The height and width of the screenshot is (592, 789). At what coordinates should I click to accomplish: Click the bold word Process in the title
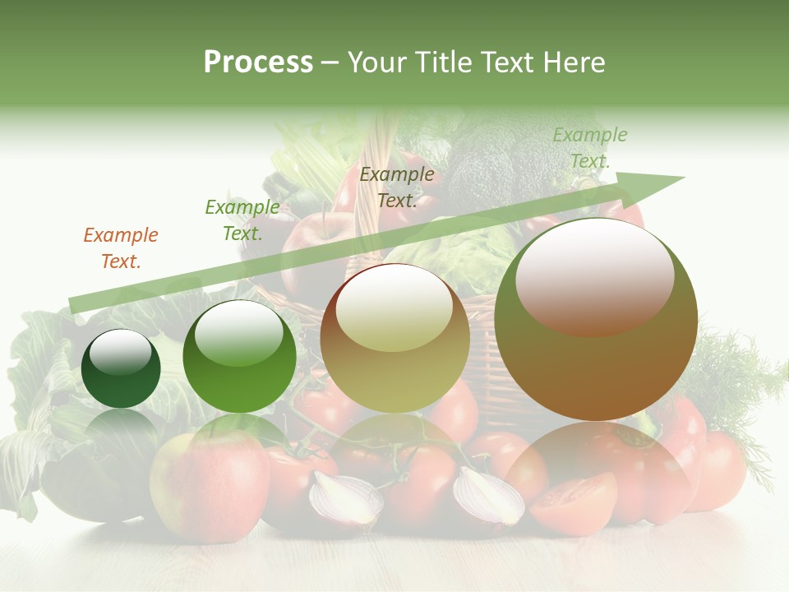tap(258, 62)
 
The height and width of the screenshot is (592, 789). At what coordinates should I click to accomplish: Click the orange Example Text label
tap(121, 248)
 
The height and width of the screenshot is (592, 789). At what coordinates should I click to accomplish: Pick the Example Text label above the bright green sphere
tap(242, 220)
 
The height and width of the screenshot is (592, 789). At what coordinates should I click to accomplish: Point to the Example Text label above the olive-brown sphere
tap(397, 187)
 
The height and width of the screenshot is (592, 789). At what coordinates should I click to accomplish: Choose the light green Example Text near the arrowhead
tap(590, 148)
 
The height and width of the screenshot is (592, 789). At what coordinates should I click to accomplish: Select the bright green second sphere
tap(239, 357)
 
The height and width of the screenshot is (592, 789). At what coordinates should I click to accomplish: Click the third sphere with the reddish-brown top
tap(395, 339)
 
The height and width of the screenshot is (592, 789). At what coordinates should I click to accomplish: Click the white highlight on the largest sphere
tap(595, 268)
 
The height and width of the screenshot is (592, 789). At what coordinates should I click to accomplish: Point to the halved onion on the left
tap(345, 500)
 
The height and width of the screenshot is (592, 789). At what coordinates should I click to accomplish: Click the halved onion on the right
tap(488, 496)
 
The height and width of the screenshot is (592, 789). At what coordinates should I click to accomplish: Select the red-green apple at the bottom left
tap(210, 484)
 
